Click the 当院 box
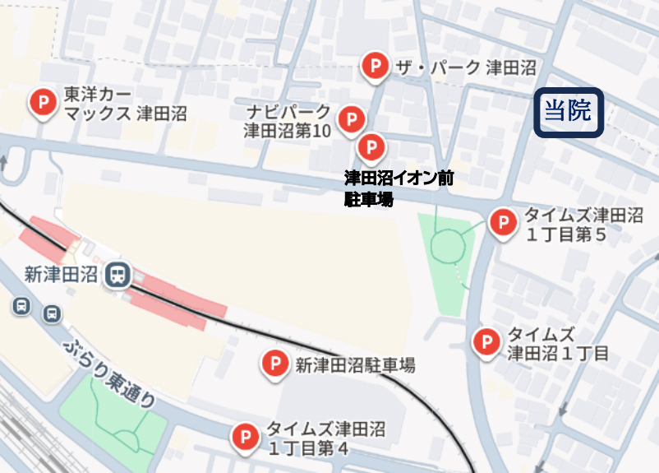tap(569, 111)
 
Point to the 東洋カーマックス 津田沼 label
tap(123, 104)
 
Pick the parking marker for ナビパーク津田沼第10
tap(352, 120)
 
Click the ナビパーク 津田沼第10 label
tap(288, 121)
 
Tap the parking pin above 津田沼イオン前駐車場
tap(371, 148)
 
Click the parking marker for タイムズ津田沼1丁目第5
tap(502, 221)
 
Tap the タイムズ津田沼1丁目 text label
tap(558, 344)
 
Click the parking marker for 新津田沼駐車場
tap(273, 363)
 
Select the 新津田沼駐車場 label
tap(355, 364)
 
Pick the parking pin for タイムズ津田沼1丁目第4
tap(244, 437)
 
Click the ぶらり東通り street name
tap(107, 374)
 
